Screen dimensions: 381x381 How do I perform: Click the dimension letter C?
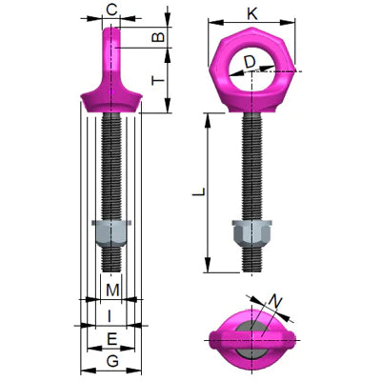[111, 10]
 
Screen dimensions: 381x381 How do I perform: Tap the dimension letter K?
[251, 12]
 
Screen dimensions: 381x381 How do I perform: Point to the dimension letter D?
[249, 63]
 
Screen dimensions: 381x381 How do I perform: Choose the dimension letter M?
[111, 289]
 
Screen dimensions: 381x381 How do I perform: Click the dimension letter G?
[111, 361]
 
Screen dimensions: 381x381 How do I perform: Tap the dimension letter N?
[275, 304]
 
